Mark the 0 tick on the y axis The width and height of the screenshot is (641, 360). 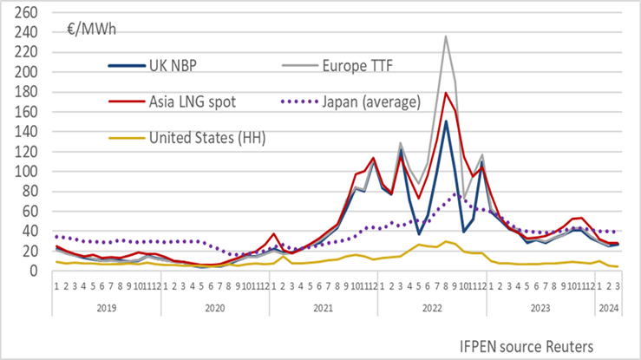click(35, 272)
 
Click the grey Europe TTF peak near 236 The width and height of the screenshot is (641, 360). click(446, 36)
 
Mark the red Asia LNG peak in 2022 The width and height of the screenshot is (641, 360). click(446, 93)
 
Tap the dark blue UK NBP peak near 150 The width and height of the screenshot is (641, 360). click(446, 121)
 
